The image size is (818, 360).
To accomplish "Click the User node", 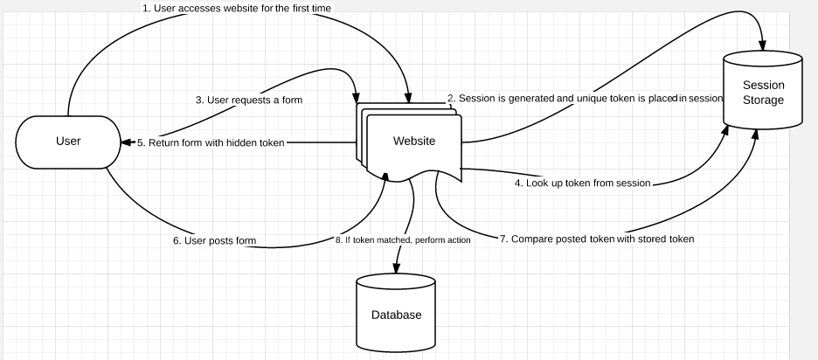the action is click(68, 142).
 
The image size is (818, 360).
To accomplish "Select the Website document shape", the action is click(410, 142).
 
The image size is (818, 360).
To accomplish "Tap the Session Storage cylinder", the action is click(763, 89).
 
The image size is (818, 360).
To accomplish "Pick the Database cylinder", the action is click(396, 312).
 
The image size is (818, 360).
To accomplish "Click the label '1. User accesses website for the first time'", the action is click(237, 9).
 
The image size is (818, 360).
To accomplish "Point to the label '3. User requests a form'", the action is click(249, 100).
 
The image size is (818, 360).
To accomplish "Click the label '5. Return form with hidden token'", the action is click(211, 142).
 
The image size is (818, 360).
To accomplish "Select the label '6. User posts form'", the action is click(214, 240).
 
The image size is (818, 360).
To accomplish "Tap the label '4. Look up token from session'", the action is click(583, 183).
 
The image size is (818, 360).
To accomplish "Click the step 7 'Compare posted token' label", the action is click(597, 239).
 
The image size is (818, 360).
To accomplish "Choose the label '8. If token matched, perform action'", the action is click(403, 240).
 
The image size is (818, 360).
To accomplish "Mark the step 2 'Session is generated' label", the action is click(585, 98).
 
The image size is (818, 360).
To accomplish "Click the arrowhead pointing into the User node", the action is click(125, 142).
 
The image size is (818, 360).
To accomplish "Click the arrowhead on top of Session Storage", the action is click(763, 46).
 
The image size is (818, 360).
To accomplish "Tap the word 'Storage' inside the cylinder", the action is click(763, 100).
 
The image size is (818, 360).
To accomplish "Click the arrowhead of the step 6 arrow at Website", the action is click(385, 177).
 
